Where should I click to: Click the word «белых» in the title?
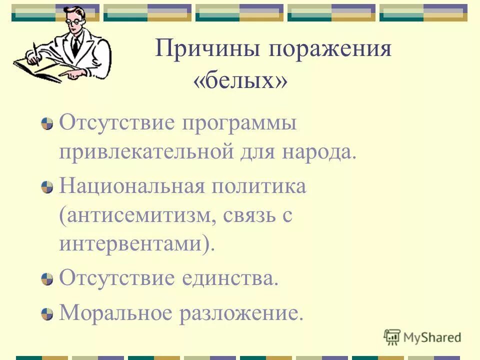pos(240,81)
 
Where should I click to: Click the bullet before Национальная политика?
pos(47,188)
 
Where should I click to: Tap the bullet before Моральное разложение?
pos(47,314)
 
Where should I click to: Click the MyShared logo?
pos(422,337)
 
